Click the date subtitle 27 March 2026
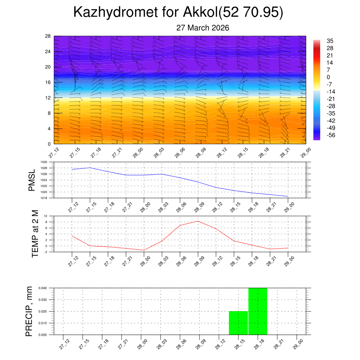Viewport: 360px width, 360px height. (x=202, y=28)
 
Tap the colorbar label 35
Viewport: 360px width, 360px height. (x=330, y=40)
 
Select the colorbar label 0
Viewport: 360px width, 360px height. (x=328, y=77)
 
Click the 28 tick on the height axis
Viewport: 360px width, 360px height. (x=48, y=36)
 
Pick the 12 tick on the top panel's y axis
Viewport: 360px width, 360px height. (x=48, y=98)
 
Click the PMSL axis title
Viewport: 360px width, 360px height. (x=32, y=180)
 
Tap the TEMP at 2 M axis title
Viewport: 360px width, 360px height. (x=35, y=234)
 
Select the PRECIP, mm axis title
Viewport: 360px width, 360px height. (x=29, y=311)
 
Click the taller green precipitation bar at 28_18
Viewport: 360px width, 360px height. (x=258, y=311)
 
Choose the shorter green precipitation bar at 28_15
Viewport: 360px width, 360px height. (x=238, y=323)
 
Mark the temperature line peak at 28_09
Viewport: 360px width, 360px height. (x=198, y=221)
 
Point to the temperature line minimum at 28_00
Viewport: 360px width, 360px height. (x=144, y=250)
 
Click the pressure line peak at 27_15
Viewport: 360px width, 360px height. (x=90, y=168)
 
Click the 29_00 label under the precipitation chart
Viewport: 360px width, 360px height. (x=297, y=343)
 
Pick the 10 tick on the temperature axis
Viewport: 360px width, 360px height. (x=51, y=216)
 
